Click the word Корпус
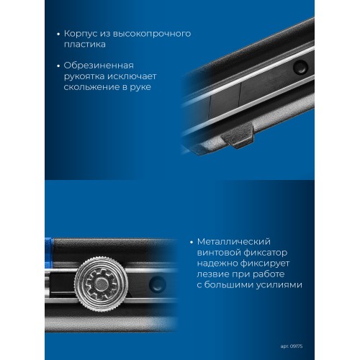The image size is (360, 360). point(81,34)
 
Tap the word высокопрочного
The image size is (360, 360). point(152,34)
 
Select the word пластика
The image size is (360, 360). point(85,45)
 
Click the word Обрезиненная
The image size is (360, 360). point(99,66)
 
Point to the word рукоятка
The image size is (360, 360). point(84,77)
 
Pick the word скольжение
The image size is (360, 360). point(91,87)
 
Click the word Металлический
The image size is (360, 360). point(234,242)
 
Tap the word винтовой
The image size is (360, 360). point(218,253)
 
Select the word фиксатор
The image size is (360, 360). point(265,253)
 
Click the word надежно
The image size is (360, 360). point(217,264)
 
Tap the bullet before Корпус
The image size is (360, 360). point(58,35)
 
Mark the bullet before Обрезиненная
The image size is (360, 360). point(58,66)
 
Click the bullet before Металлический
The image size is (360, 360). point(192,243)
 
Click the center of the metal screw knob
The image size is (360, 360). point(101,284)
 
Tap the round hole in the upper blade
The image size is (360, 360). point(300,67)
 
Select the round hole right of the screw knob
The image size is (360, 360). point(158,284)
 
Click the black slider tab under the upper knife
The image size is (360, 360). point(238,135)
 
